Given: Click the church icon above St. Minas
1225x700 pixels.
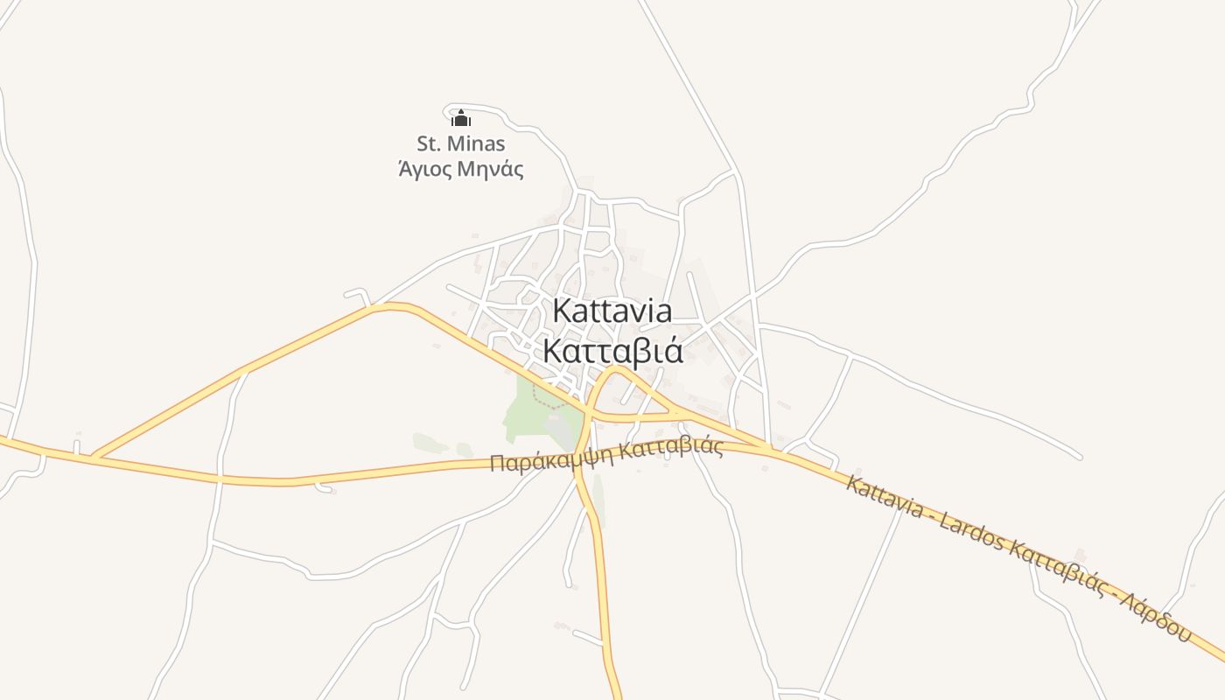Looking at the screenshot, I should [x=461, y=118].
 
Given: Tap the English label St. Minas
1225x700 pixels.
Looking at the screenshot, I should [x=460, y=143].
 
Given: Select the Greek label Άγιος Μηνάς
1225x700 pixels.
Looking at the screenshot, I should [x=460, y=168].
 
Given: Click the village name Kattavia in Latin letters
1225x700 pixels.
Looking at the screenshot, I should [x=612, y=311].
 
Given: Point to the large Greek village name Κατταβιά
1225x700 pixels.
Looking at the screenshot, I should [x=612, y=350].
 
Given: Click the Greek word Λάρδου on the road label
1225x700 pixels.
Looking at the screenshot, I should [x=1154, y=617].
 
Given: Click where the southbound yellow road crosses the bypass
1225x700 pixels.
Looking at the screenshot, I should [x=579, y=461].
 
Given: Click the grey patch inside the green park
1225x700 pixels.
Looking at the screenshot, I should [x=555, y=424].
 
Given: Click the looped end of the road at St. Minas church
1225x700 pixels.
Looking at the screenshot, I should [x=450, y=111].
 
